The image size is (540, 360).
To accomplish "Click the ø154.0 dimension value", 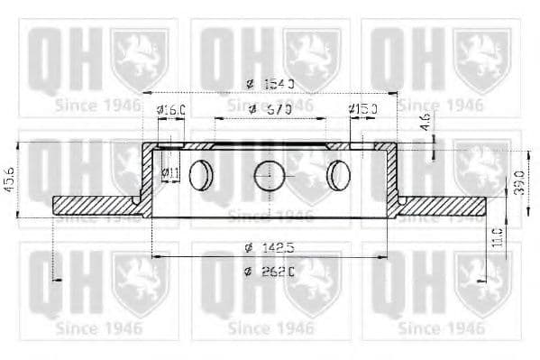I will point(270,84).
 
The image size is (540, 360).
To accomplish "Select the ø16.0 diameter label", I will point(170,110).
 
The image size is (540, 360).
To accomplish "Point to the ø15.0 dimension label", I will point(363,110).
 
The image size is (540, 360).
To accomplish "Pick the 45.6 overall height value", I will point(9,176).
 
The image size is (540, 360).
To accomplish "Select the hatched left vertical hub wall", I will point(147,176).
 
